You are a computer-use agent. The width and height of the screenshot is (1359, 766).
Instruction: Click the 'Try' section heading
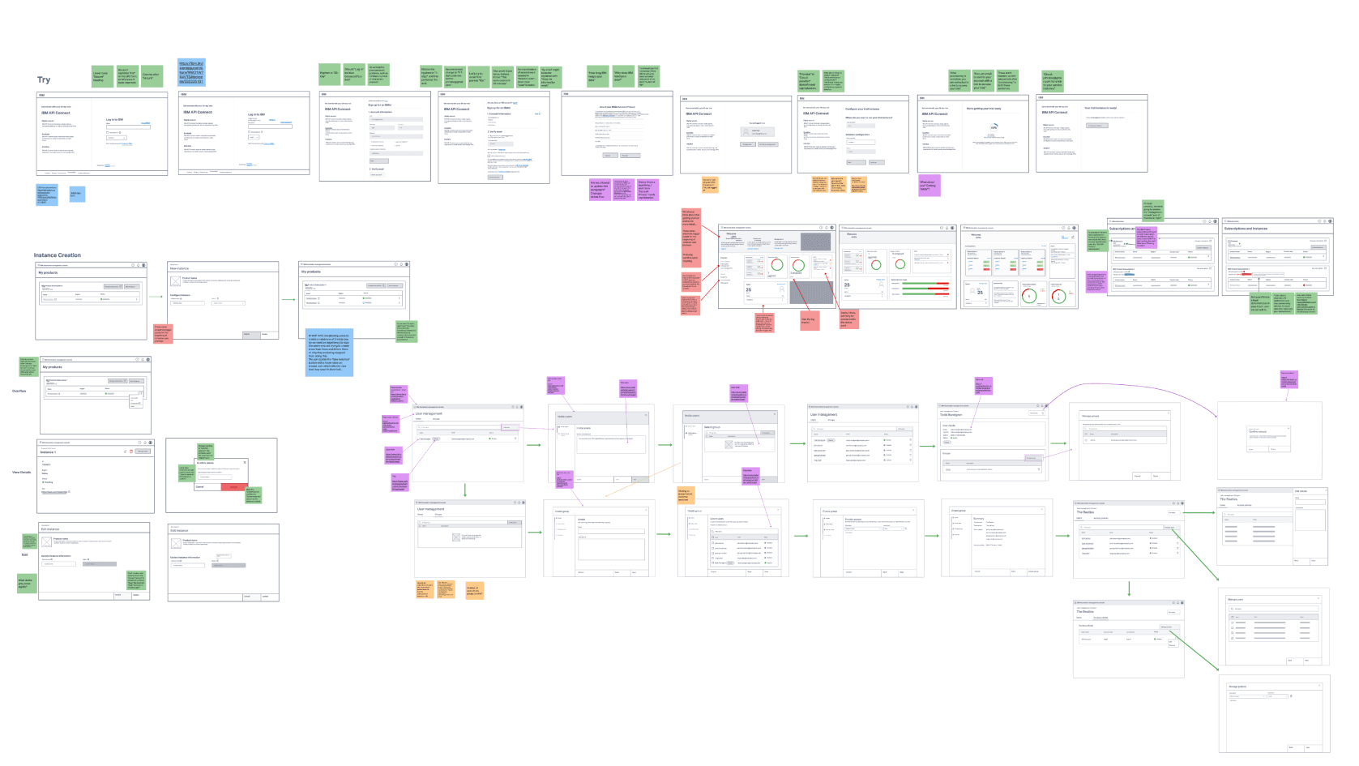[44, 80]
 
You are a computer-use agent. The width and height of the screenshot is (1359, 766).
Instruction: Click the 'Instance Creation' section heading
[57, 255]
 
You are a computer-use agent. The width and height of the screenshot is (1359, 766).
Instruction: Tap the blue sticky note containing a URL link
[191, 72]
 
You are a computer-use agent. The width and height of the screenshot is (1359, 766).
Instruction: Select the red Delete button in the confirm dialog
[233, 486]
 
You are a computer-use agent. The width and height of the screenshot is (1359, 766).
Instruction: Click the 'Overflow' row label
[19, 391]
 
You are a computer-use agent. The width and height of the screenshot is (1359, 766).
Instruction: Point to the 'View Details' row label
[21, 472]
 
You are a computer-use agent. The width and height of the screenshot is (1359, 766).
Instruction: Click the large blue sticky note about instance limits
[329, 352]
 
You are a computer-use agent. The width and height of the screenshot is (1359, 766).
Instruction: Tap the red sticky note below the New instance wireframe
[163, 333]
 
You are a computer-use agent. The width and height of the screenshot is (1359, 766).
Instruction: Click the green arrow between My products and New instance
[156, 297]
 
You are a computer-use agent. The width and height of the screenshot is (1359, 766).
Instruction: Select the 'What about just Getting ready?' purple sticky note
[929, 186]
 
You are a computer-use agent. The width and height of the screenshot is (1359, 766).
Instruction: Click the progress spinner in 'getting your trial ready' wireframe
[994, 127]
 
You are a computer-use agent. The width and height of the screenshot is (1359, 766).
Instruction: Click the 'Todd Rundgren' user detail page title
[951, 415]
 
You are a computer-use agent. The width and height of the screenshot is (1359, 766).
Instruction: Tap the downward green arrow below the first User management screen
[464, 490]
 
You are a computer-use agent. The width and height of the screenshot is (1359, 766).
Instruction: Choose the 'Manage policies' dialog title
[1237, 687]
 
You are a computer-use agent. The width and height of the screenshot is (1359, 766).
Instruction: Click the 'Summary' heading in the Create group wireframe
[978, 518]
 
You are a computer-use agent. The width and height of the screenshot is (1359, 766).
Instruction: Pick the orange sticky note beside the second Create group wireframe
[685, 494]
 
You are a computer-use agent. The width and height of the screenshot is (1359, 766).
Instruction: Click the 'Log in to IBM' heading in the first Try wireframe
[115, 120]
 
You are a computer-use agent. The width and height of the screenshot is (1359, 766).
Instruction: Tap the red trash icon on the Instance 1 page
[131, 451]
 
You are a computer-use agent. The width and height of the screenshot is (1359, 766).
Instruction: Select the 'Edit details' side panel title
[1301, 491]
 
